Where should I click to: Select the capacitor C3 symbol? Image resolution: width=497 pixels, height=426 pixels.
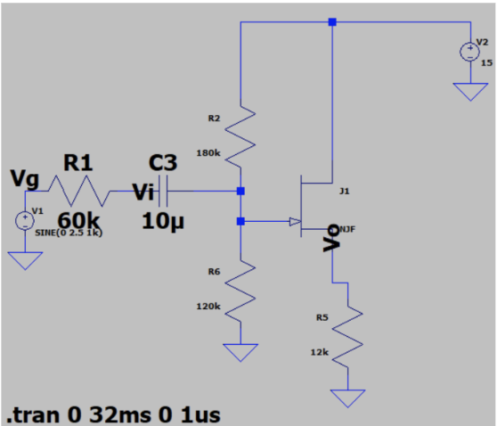(x=162, y=191)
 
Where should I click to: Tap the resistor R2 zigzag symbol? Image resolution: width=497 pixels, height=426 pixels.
(x=240, y=135)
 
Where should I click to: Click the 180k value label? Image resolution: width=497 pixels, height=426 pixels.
(x=208, y=152)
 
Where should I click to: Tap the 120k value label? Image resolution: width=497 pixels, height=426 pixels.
(x=208, y=306)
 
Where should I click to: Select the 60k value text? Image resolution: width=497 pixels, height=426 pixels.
(x=79, y=220)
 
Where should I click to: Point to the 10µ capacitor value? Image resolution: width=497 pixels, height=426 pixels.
(x=163, y=220)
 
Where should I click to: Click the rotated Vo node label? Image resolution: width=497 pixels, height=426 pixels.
(x=330, y=236)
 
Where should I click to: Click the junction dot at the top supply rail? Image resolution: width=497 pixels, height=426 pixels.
(x=331, y=22)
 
